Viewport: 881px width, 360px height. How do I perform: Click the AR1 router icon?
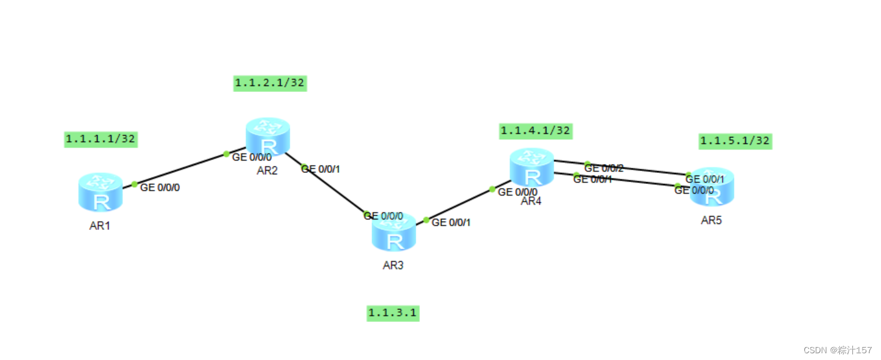coord(101,192)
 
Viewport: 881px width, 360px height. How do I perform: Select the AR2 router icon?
coord(267,137)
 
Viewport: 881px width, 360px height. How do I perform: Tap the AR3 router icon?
coord(394,232)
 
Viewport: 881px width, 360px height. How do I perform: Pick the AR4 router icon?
coord(532,167)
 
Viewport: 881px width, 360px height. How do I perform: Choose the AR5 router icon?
coord(712,186)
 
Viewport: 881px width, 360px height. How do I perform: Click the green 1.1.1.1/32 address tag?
coord(101,139)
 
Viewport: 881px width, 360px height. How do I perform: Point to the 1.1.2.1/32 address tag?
coord(270,83)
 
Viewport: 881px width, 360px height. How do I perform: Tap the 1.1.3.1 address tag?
coord(393,313)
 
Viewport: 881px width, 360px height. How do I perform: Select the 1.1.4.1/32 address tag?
coord(536,131)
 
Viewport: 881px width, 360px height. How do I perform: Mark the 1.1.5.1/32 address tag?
coord(734,141)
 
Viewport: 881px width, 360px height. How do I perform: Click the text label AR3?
coord(393,266)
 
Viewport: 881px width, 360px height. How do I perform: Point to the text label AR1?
coord(99,226)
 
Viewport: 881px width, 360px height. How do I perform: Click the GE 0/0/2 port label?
coord(604,168)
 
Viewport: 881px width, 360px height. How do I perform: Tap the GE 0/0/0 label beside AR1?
coord(160,188)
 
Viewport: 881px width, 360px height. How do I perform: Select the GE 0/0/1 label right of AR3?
coord(451,223)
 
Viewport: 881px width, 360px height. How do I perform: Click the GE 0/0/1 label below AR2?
coord(321,169)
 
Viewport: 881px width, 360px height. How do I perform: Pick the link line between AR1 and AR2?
coord(181,169)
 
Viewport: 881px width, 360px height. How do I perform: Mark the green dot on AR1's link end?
coord(134,184)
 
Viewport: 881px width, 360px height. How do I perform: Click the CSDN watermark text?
coord(837,350)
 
